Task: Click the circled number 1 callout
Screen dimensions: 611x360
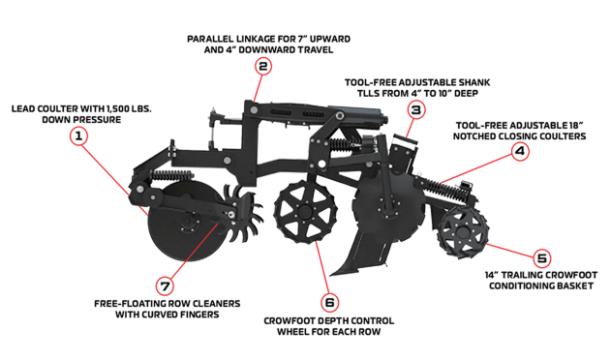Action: click(x=78, y=136)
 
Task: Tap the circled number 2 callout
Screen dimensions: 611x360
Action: click(x=263, y=66)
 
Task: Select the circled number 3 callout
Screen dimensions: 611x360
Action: click(x=416, y=110)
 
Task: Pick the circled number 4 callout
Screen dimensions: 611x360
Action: click(x=520, y=151)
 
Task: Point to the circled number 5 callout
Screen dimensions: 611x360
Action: click(x=542, y=258)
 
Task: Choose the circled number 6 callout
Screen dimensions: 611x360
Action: click(x=329, y=303)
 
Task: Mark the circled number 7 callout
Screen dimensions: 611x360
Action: click(x=166, y=286)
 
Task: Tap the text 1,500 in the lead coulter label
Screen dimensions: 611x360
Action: click(x=118, y=108)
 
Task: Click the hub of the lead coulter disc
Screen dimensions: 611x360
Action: click(x=187, y=224)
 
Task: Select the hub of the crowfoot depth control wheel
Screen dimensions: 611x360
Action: click(x=305, y=212)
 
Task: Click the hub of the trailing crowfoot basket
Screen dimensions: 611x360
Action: click(x=463, y=232)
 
